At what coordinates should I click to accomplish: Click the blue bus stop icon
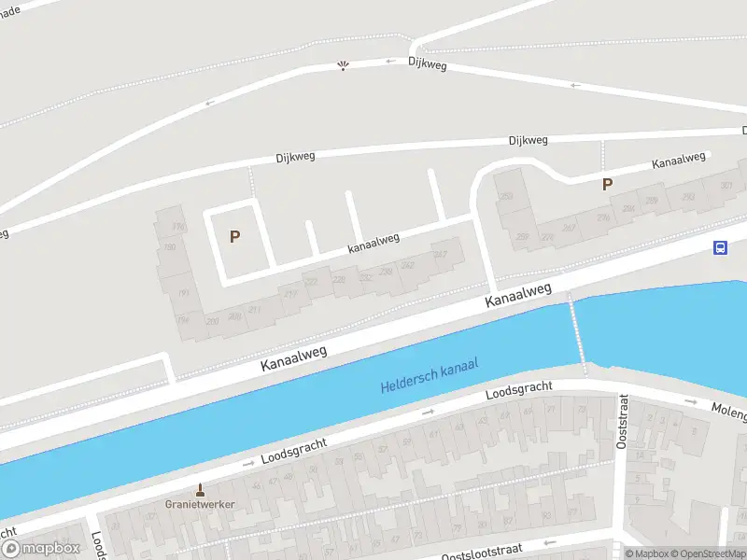(721, 248)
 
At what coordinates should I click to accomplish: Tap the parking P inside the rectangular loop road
(234, 237)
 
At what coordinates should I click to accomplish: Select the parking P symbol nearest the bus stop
(607, 185)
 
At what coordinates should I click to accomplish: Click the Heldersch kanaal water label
(429, 375)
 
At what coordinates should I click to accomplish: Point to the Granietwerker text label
(200, 504)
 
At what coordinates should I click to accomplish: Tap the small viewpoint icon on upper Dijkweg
(344, 65)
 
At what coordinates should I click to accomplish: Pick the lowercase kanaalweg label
(373, 243)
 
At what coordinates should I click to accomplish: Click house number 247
(442, 254)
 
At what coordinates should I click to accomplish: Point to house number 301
(726, 187)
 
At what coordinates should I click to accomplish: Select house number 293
(688, 197)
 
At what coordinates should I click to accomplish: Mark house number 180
(170, 247)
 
